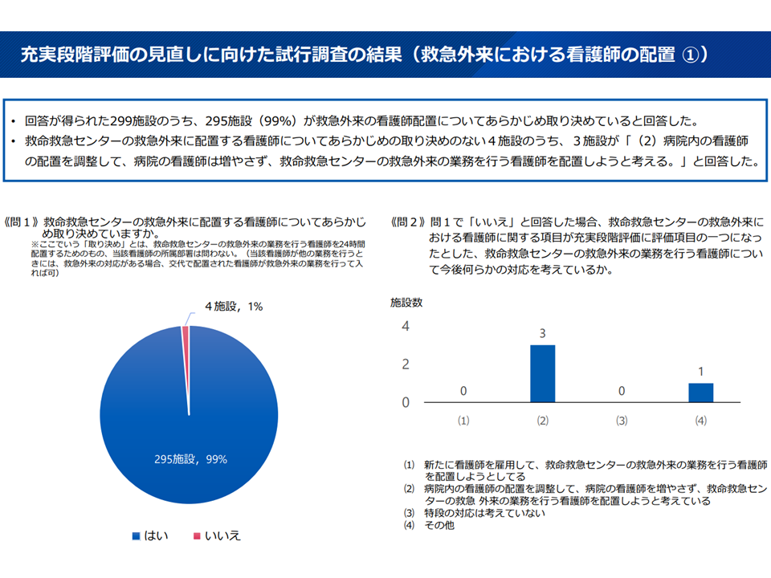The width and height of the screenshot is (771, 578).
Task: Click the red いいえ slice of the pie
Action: click(x=186, y=353)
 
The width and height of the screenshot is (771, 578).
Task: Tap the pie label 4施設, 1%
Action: click(x=234, y=306)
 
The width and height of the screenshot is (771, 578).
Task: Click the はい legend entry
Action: click(x=150, y=535)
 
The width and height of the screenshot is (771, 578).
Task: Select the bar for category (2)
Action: click(x=543, y=373)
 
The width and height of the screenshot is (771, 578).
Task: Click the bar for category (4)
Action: click(x=700, y=393)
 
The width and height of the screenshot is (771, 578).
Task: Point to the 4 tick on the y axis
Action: click(x=406, y=327)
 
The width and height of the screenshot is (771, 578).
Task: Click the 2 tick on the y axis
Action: click(x=406, y=364)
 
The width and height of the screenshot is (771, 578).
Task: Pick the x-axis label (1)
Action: click(x=463, y=420)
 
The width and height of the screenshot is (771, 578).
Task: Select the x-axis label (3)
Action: click(x=622, y=420)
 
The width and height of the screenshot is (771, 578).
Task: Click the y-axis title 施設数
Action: click(x=406, y=303)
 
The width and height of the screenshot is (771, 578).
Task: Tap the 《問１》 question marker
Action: click(x=23, y=220)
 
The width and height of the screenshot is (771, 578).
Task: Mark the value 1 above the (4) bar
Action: click(x=700, y=372)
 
